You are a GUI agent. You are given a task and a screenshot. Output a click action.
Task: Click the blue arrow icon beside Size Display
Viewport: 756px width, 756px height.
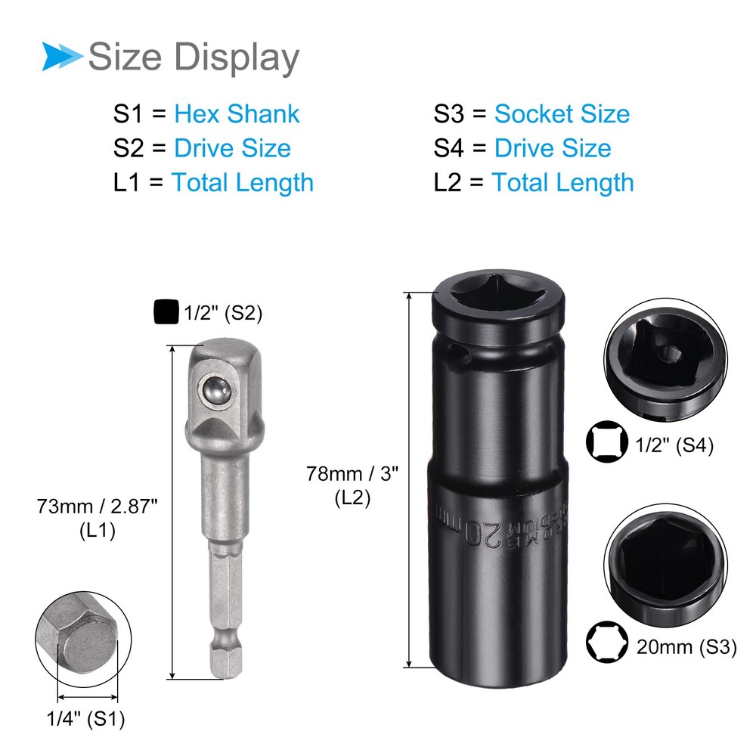pos(62,57)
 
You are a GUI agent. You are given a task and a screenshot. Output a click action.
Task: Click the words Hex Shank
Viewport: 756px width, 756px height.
pos(237,114)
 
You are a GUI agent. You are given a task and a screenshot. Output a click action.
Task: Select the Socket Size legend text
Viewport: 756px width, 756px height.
pos(562,114)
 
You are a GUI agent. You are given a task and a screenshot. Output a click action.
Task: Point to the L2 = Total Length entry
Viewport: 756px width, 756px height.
pos(533,182)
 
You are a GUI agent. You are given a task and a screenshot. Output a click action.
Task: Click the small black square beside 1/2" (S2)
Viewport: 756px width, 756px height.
pos(164,312)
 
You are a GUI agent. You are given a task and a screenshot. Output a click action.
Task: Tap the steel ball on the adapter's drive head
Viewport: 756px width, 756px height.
pos(216,391)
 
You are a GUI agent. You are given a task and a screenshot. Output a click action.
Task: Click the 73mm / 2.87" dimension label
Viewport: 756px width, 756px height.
pos(97,505)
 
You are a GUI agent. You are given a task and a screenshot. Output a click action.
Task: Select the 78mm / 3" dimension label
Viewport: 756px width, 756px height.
pos(352,474)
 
